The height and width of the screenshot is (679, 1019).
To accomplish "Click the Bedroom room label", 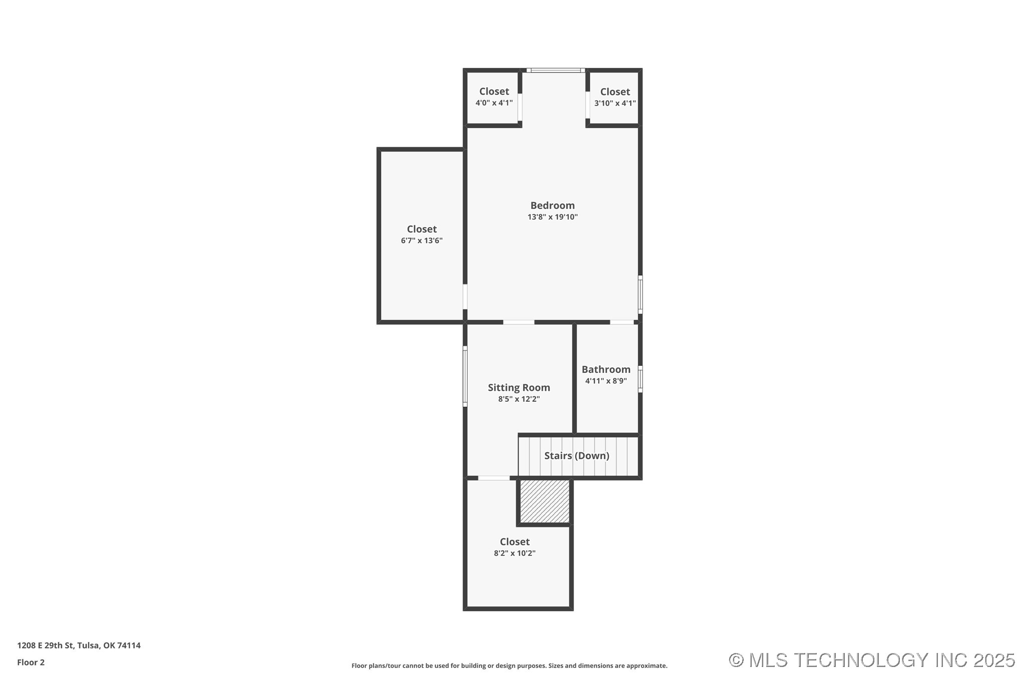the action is (553, 205).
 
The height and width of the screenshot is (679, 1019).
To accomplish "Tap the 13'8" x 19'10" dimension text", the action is (553, 217).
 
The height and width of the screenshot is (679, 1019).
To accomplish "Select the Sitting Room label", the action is (519, 388).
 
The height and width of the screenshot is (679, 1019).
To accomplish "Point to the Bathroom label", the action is (606, 369).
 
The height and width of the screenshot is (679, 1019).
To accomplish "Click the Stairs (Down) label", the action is (577, 455).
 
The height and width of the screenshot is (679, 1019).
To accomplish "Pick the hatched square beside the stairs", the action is (545, 501).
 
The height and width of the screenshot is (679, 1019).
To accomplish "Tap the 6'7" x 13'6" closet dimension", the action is (422, 241).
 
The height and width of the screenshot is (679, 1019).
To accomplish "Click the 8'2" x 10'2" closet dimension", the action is (515, 553).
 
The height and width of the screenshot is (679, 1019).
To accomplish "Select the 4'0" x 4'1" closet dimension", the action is (494, 103).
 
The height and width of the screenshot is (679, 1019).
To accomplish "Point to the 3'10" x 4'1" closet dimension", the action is (615, 104).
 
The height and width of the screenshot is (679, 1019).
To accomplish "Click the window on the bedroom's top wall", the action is (556, 71).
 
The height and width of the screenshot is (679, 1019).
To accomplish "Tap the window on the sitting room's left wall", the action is (465, 376).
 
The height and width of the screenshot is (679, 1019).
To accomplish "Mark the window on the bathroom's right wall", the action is (640, 379).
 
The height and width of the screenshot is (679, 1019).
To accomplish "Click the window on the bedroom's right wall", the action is (640, 295).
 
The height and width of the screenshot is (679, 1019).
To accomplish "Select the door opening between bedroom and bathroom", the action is (622, 322).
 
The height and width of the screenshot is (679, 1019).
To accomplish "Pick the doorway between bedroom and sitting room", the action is (519, 322).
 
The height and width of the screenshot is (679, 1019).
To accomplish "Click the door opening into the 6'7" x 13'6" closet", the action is (465, 297).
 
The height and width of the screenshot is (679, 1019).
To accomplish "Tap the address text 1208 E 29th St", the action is (46, 645).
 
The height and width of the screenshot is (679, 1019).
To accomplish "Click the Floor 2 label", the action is (31, 662).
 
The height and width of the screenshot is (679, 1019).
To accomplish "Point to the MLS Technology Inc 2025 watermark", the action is (872, 660).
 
